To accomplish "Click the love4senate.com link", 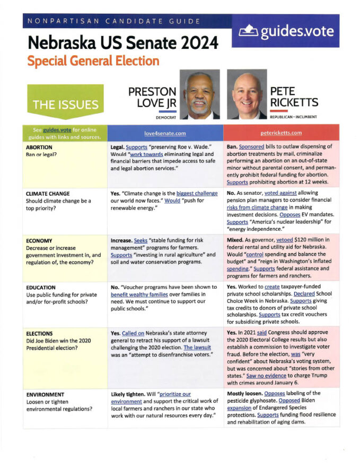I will pos(164,133).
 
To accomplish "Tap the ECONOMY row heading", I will pos(39,240).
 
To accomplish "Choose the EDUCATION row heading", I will pos(42,287).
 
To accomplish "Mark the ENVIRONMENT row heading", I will pos(47,394).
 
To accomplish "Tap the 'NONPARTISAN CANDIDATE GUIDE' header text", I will pos(112,22).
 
